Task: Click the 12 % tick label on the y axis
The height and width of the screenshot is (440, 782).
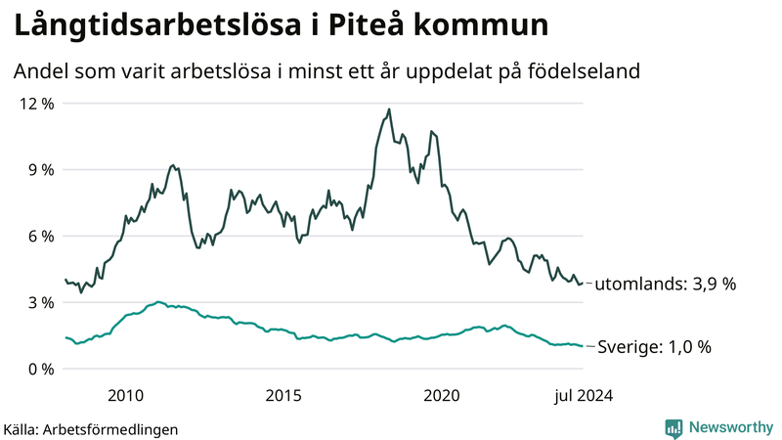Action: pyautogui.click(x=34, y=103)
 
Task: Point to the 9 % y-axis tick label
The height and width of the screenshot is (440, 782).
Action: pyautogui.click(x=38, y=169)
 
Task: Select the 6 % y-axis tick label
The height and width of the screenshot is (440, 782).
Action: pyautogui.click(x=38, y=236)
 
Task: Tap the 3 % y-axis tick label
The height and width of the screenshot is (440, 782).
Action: pyautogui.click(x=38, y=302)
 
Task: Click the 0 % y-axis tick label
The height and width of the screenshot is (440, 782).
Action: pyautogui.click(x=38, y=369)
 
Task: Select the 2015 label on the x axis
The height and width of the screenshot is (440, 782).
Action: pyautogui.click(x=283, y=395)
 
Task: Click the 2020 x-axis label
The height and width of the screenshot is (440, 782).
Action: pyautogui.click(x=441, y=395)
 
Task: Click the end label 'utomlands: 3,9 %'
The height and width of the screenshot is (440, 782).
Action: pyautogui.click(x=665, y=284)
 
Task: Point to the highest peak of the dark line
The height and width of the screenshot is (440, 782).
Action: pyautogui.click(x=389, y=109)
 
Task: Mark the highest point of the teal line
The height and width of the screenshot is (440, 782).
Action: pyautogui.click(x=158, y=301)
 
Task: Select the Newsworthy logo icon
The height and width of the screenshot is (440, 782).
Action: pyautogui.click(x=673, y=427)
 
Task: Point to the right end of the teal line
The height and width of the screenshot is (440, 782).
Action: pyautogui.click(x=584, y=346)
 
